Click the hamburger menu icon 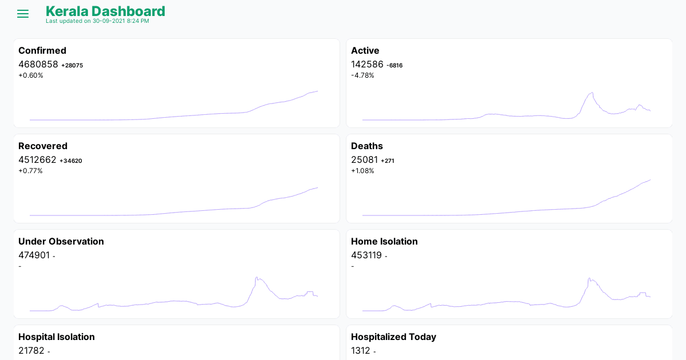[23, 14]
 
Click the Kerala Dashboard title [105, 11]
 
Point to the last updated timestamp [97, 21]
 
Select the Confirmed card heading [42, 50]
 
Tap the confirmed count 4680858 [38, 64]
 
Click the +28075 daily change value [72, 65]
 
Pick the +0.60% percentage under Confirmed [31, 75]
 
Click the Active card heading [365, 50]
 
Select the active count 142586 [367, 64]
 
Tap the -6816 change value [394, 65]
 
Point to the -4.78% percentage [362, 75]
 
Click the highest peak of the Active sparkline [592, 93]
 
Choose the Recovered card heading [43, 146]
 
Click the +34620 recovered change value [71, 161]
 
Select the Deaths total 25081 [364, 159]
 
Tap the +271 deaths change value [388, 161]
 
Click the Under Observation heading [61, 241]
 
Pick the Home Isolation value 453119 [366, 255]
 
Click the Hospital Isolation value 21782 [31, 350]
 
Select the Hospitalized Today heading [393, 337]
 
